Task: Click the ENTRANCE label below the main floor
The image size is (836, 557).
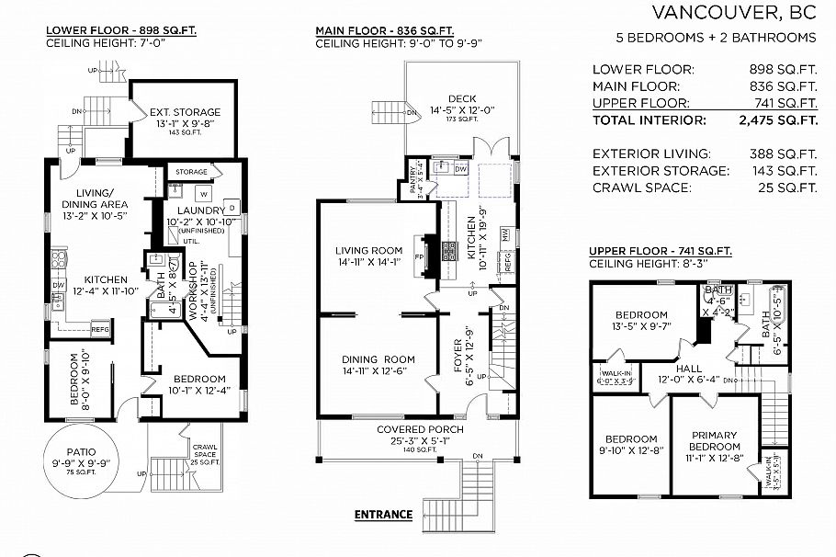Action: tap(383, 515)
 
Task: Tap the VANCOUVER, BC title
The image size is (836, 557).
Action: tap(733, 12)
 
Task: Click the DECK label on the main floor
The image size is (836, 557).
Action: tap(461, 99)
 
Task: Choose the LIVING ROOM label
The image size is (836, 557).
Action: tap(368, 251)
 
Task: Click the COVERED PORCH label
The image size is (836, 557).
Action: tap(420, 429)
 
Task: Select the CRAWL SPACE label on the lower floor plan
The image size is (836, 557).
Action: tap(205, 449)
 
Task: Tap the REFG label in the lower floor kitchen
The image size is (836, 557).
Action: tap(100, 329)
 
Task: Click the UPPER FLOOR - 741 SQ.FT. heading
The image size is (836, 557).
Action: tap(660, 251)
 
